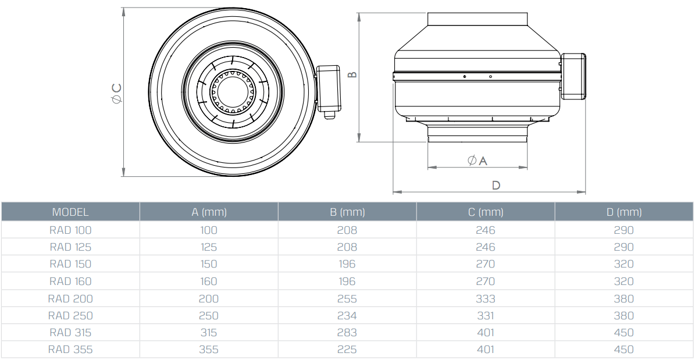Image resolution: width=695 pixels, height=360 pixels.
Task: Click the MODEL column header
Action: click(70, 212)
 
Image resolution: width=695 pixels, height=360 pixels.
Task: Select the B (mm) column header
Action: click(347, 212)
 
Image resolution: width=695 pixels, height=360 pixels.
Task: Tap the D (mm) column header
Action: click(624, 212)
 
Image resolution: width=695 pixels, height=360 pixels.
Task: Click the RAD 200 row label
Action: click(70, 299)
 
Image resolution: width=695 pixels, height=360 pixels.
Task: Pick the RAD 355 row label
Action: click(70, 350)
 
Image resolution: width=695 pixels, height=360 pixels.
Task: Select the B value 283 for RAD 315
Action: click(347, 333)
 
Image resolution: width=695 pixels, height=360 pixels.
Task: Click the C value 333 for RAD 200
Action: click(486, 299)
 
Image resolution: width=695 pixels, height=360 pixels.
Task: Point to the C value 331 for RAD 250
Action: click(486, 316)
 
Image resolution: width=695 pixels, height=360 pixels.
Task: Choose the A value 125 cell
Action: click(209, 247)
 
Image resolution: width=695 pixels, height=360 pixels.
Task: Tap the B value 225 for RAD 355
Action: click(347, 350)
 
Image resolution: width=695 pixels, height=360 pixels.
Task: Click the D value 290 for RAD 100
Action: click(624, 230)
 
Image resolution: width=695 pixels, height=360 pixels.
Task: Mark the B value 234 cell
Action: click(347, 316)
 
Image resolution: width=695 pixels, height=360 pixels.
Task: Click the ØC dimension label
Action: click(117, 93)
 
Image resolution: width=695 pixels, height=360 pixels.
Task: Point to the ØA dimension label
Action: click(477, 160)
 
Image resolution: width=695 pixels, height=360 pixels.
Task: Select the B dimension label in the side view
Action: click(352, 74)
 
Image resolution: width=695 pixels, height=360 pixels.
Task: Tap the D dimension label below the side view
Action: click(496, 186)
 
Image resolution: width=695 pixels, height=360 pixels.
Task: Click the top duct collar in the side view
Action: click(477, 19)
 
